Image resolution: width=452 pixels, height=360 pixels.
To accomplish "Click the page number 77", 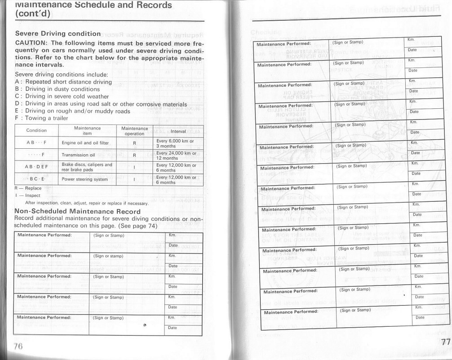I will click(445, 342).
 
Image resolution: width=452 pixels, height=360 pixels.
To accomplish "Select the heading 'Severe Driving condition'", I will click(58, 34).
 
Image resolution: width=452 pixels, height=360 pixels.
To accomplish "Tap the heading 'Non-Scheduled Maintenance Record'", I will click(78, 211).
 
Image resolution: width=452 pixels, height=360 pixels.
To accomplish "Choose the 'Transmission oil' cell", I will click(78, 155).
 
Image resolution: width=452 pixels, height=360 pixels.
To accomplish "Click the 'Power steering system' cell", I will click(85, 179).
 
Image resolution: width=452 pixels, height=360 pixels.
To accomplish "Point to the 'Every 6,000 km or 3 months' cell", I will click(175, 143).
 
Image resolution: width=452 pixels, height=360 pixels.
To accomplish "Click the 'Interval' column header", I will click(178, 131).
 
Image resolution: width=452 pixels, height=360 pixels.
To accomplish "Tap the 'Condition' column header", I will click(36, 131).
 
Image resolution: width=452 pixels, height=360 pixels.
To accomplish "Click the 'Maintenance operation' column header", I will click(134, 131).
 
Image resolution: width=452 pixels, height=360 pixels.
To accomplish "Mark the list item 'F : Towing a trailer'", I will click(41, 118).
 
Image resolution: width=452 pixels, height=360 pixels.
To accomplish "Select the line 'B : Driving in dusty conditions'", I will click(57, 89).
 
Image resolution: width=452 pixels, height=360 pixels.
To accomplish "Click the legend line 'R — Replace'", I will click(28, 188).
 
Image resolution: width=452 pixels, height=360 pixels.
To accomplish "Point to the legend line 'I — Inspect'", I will click(27, 196).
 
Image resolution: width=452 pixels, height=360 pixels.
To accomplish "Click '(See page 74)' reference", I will click(140, 226).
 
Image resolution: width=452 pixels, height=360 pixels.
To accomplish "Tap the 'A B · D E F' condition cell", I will click(36, 167).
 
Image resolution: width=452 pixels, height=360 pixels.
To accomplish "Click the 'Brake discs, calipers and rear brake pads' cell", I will click(87, 167).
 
